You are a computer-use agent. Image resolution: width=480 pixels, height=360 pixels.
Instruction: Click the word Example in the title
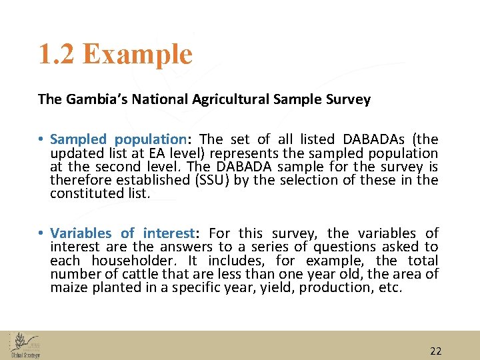point(138,55)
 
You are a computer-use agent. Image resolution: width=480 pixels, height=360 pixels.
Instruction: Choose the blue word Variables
point(81,233)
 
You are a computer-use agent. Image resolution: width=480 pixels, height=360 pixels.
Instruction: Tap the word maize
point(67,287)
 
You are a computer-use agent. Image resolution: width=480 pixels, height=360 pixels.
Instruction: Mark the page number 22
point(436,351)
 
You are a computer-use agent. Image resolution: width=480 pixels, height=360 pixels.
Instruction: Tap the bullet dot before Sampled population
point(41,140)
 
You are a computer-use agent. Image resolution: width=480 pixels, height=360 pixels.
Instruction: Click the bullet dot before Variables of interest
point(41,234)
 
